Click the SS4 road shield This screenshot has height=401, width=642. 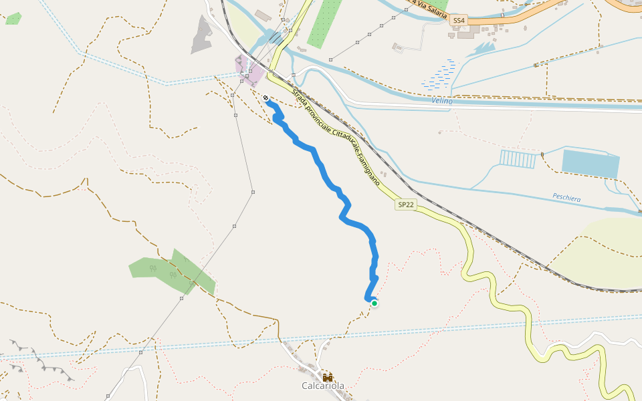tap(458, 21)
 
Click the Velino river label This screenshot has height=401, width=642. tap(442, 101)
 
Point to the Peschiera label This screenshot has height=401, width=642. tap(566, 198)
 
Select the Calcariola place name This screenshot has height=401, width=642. tap(323, 386)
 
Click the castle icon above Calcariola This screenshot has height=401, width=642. tap(328, 377)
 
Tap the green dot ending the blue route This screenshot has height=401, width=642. tap(374, 303)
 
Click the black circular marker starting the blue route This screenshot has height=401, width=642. tap(266, 98)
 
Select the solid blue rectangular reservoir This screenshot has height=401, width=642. tap(591, 164)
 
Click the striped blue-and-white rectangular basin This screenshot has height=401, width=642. tap(518, 159)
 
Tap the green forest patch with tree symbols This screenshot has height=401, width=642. tap(171, 271)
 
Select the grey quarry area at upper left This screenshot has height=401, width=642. tap(201, 34)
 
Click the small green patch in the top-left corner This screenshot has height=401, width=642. tap(13, 18)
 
